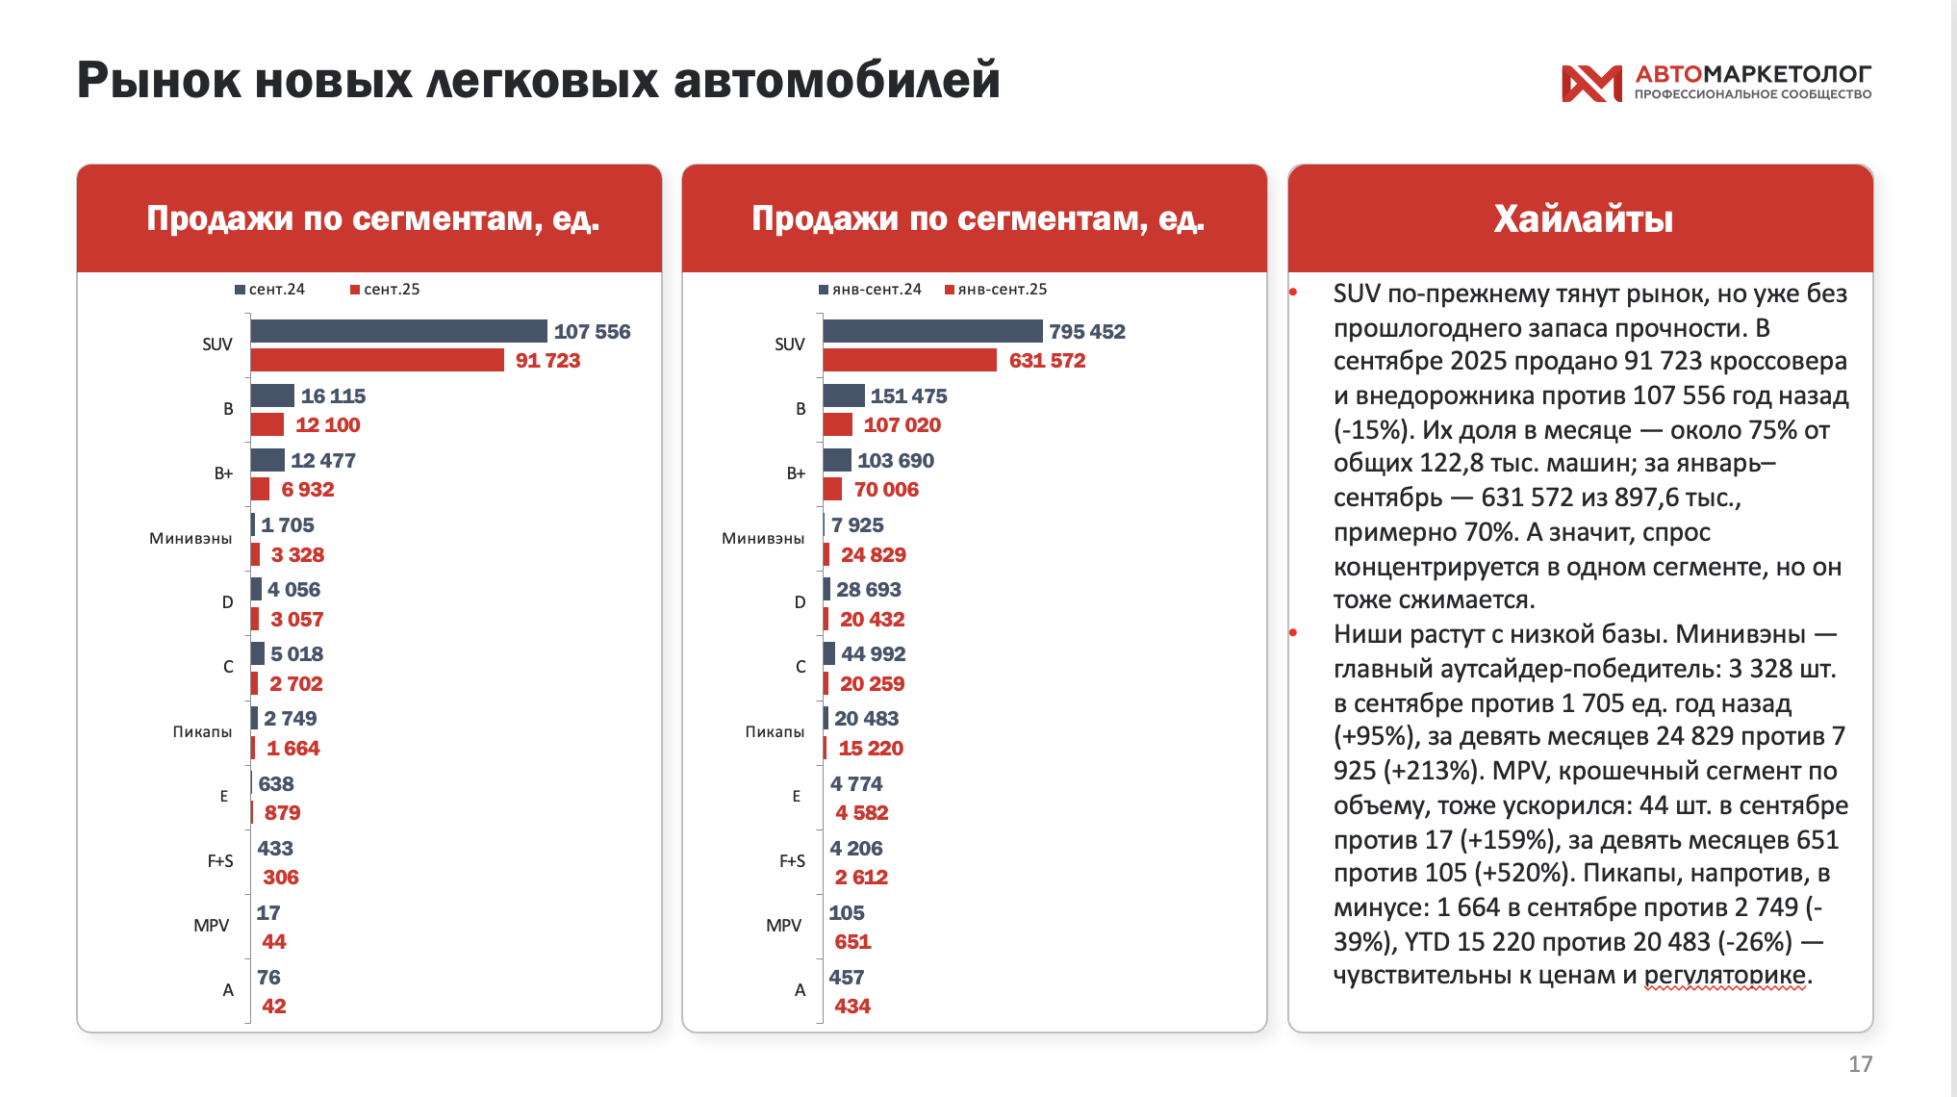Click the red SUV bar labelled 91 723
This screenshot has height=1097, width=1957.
(x=377, y=360)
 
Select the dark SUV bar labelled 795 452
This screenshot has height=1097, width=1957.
(x=932, y=331)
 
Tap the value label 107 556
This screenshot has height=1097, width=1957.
(x=592, y=332)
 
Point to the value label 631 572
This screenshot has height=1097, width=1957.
(x=1047, y=361)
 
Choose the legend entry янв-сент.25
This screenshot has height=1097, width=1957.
(x=997, y=290)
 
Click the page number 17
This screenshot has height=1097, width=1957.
(x=1860, y=1063)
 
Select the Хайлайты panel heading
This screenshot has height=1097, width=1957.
(x=1583, y=219)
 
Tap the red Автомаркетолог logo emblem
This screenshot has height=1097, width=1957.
(x=1590, y=83)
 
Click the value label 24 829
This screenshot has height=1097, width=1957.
(x=873, y=555)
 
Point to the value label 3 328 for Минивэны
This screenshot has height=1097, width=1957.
(x=297, y=555)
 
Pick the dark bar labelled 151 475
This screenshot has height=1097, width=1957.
(x=844, y=395)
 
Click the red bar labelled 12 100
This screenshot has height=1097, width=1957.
(x=267, y=424)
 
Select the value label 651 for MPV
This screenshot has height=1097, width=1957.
(x=852, y=942)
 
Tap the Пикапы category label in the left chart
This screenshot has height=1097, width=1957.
(x=202, y=732)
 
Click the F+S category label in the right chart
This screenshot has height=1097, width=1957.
(x=792, y=861)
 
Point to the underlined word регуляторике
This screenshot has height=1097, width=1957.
(x=1724, y=975)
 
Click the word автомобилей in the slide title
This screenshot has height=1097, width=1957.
(x=836, y=80)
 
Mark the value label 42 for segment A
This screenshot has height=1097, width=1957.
(x=273, y=1007)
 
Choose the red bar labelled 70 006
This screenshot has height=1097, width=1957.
(x=832, y=489)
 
